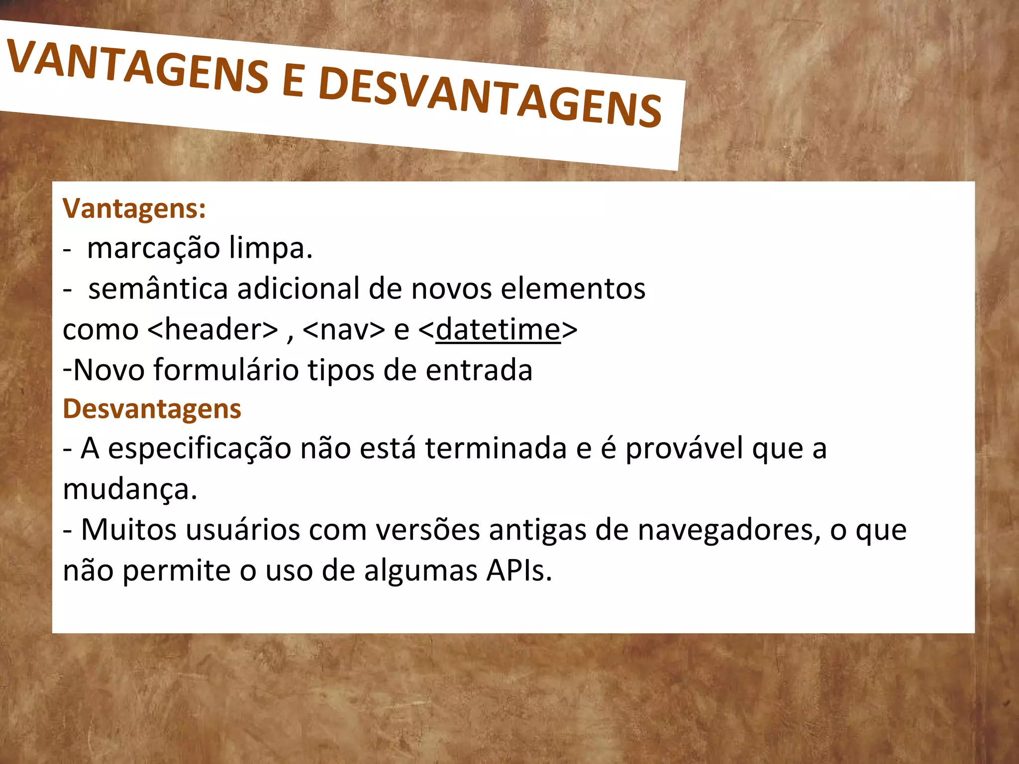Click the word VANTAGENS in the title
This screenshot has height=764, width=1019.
[137, 67]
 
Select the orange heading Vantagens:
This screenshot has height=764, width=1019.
[134, 208]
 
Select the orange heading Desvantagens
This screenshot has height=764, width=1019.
[152, 409]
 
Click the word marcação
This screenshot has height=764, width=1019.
[153, 248]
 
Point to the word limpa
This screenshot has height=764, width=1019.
[271, 248]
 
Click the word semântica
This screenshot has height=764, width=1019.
[158, 288]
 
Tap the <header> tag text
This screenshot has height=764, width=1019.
[213, 329]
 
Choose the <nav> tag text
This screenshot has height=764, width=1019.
[343, 329]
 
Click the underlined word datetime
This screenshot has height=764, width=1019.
[498, 329]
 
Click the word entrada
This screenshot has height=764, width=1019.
[479, 370]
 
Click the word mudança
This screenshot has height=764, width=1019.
[130, 489]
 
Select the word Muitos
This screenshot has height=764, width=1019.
[128, 530]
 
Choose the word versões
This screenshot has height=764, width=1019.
[427, 530]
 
